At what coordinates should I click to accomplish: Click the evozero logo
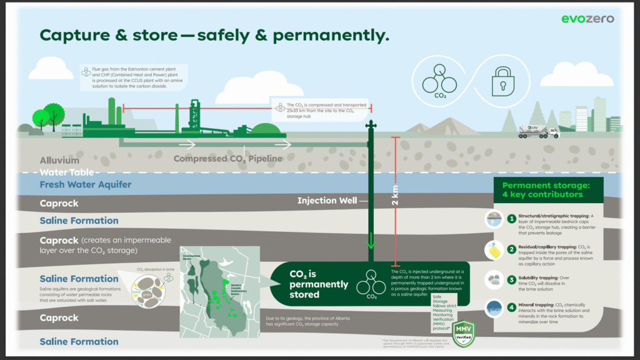coord(587,18)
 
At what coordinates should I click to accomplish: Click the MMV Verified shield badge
coord(463,331)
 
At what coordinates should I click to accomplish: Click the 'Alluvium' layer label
coord(59,161)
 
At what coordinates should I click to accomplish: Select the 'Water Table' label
coord(66,172)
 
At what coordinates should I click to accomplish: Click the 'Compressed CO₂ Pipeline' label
coord(227,159)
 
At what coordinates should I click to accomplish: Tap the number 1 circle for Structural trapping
coord(511,219)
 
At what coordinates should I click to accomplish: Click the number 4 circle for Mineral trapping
coord(511,306)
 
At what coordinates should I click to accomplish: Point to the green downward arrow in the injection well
coord(371,241)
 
